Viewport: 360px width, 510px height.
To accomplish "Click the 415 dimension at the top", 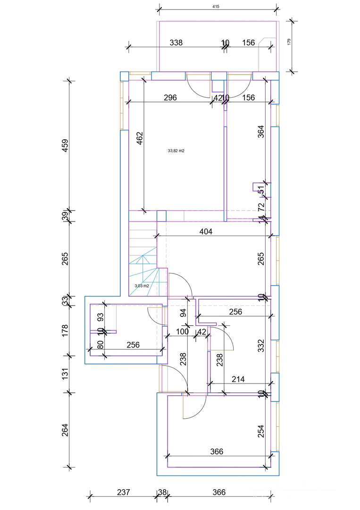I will (217, 7).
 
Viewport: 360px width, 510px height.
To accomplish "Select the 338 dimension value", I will (176, 42).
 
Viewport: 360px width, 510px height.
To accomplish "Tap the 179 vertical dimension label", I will (289, 42).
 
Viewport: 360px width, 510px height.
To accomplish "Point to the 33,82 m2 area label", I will (176, 151).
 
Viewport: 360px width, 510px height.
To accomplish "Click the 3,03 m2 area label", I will (142, 286).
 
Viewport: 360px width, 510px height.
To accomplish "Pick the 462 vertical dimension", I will (140, 140).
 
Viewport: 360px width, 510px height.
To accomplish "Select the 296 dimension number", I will (170, 98).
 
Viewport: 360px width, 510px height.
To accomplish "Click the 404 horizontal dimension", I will (206, 231).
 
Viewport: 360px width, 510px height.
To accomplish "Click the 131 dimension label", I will (65, 374).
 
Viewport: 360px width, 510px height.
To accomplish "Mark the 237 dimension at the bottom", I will (123, 492).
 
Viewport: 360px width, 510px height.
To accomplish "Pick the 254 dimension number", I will (261, 432).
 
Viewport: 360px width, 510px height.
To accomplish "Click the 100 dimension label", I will (182, 331).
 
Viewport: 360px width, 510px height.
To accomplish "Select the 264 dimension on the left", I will (65, 430).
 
